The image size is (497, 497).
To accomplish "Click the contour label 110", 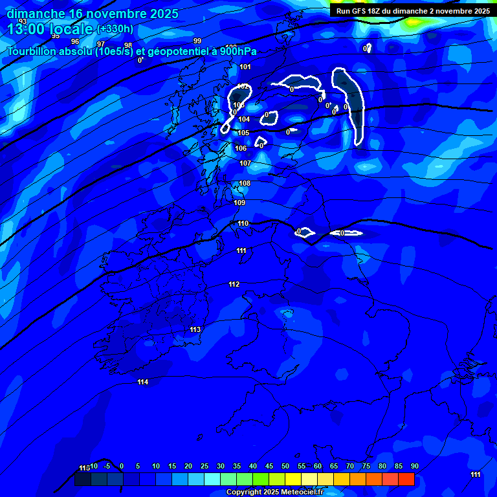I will pos(243,223).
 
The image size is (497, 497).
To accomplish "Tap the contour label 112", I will pos(234,284).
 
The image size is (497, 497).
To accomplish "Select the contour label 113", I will pos(195,329).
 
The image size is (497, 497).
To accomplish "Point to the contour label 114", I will pos(143,382).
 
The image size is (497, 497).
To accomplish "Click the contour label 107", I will pos(245,163).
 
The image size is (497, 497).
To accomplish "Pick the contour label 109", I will pos(239,203).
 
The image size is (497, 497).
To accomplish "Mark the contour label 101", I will pos(245,67).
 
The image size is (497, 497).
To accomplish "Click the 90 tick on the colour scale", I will pos(415,466).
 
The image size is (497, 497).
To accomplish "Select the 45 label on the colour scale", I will pos(269,466).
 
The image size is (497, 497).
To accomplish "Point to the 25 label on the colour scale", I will pos(204,466).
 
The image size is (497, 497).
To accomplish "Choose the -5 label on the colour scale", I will pos(107,466).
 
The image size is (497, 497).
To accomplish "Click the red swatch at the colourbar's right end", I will pos(406,479).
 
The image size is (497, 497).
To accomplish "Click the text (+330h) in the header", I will pos(115,28).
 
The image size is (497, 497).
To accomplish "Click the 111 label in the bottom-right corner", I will pos(475,474).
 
